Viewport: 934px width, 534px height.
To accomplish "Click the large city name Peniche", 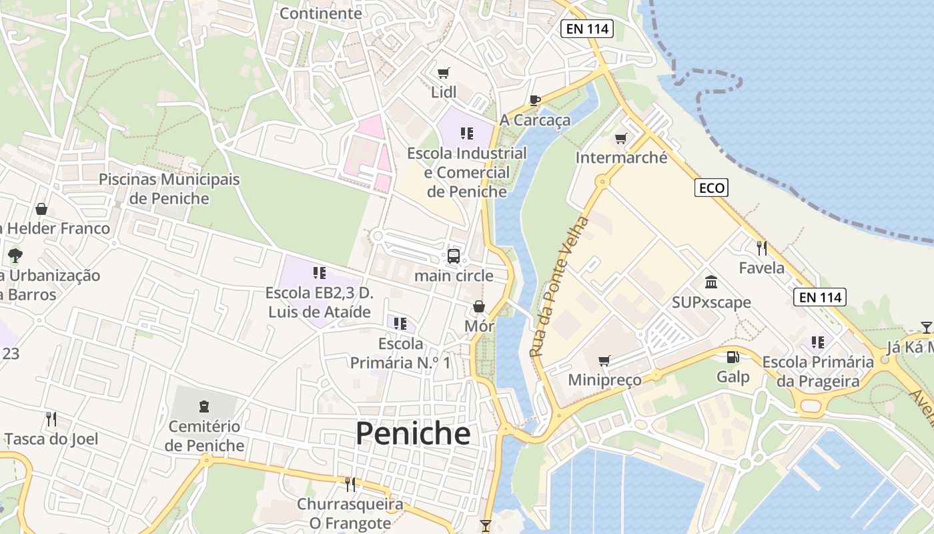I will pos(412,434).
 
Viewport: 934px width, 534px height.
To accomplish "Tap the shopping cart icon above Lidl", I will pos(444,73).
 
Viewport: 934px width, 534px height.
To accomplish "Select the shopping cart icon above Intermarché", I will pos(621,138).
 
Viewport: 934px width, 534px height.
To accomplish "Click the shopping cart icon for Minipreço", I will pos(604,360).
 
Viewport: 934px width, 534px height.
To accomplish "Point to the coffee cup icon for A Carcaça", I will pos(534,100).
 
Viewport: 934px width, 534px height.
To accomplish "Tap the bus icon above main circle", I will pos(454,256).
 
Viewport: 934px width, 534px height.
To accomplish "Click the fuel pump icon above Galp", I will pos(733,357).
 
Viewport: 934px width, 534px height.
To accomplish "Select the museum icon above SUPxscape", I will pos(711,282).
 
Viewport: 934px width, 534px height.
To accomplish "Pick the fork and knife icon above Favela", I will pos(762,248).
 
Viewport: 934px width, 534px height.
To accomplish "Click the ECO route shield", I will pos(711,188).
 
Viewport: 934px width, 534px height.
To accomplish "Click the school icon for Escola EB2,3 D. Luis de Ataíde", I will pos(319,272).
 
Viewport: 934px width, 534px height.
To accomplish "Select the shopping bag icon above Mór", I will pos(479,306).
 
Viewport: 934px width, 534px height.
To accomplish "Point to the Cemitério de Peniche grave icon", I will pos(204,406).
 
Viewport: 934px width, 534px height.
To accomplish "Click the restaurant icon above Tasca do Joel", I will pos(51,419).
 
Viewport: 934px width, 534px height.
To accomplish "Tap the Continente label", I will pos(320,13).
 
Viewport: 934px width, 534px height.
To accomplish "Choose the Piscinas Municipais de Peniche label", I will pos(169,189).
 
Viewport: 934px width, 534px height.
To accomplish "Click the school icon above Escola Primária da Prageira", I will pos(818,342).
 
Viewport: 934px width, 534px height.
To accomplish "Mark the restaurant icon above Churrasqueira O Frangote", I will pos(350,484).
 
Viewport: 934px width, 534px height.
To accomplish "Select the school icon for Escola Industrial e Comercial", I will pos(467,133).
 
